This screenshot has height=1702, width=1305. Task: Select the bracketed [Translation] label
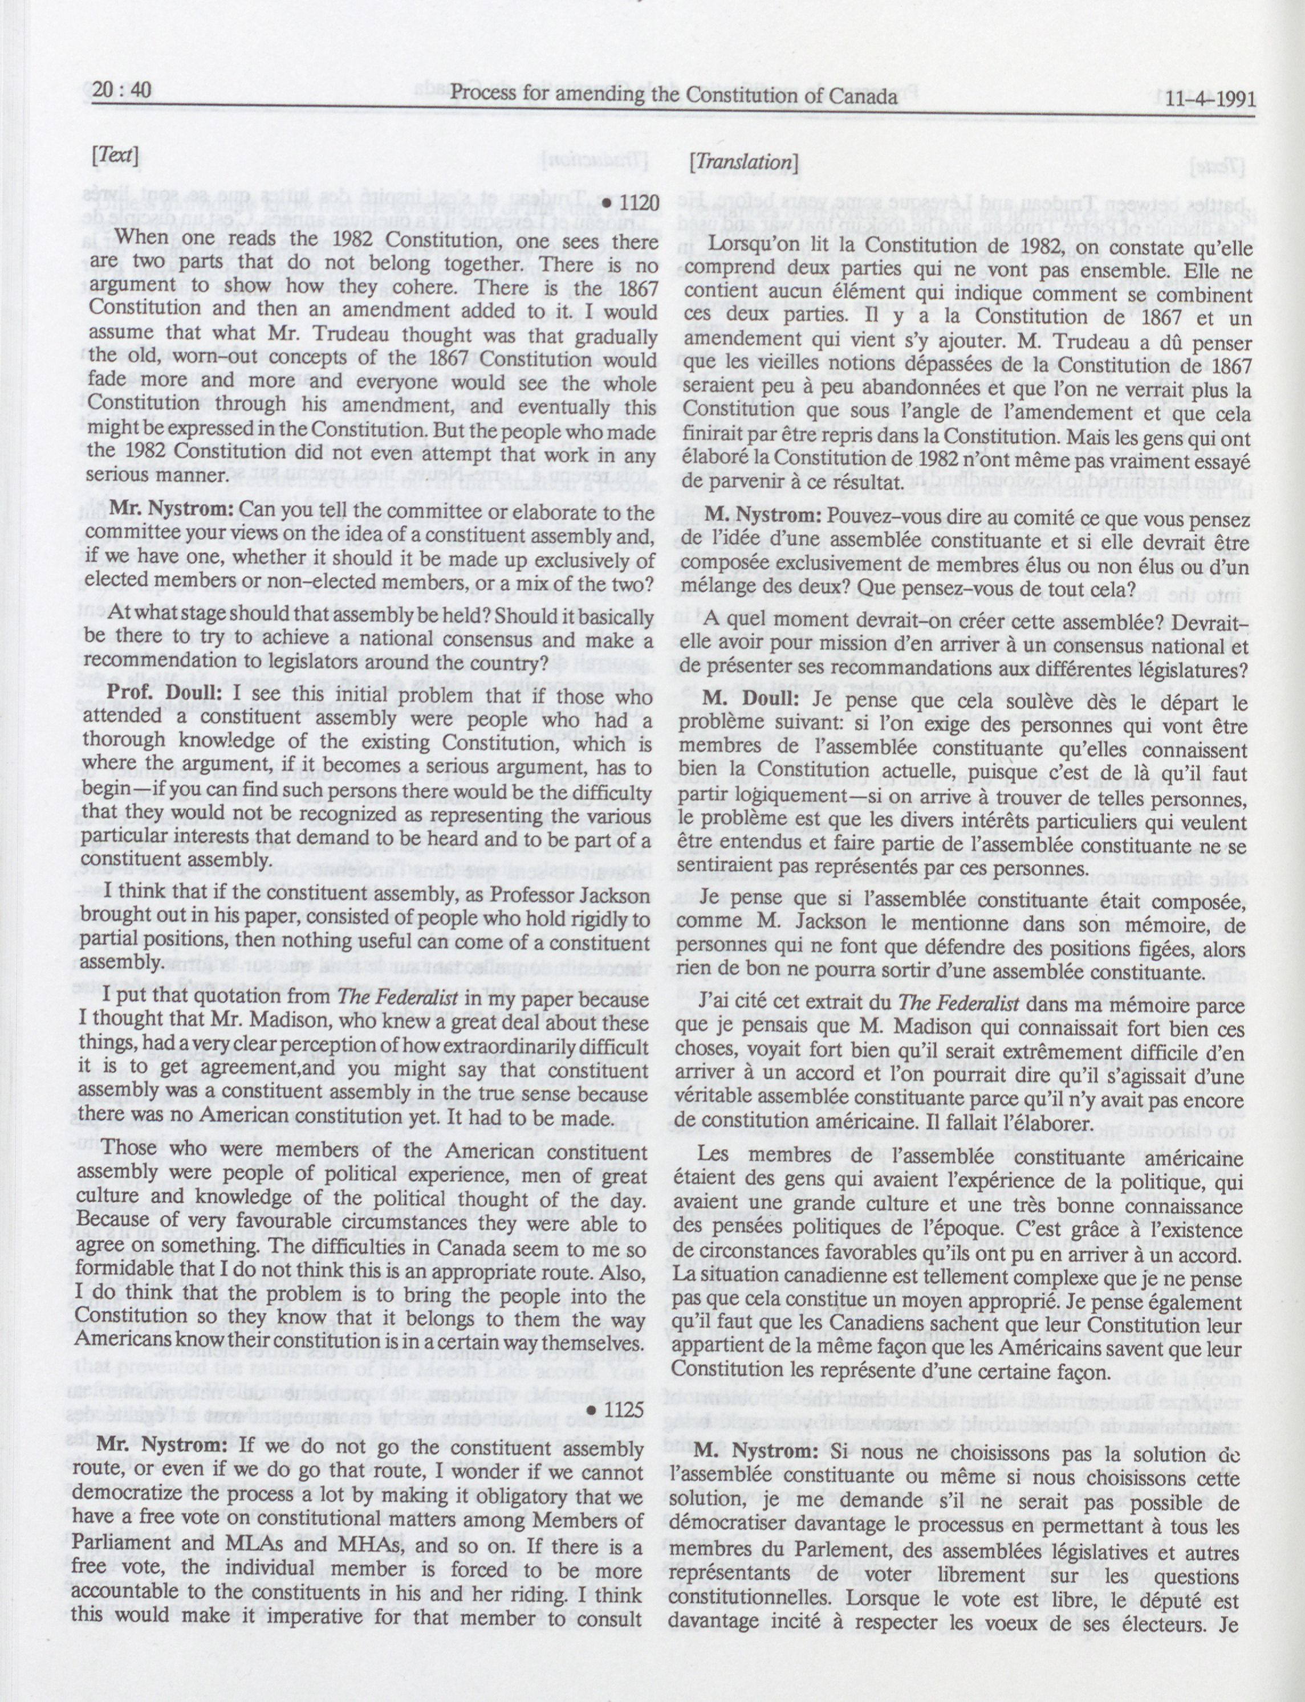[x=744, y=161]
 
